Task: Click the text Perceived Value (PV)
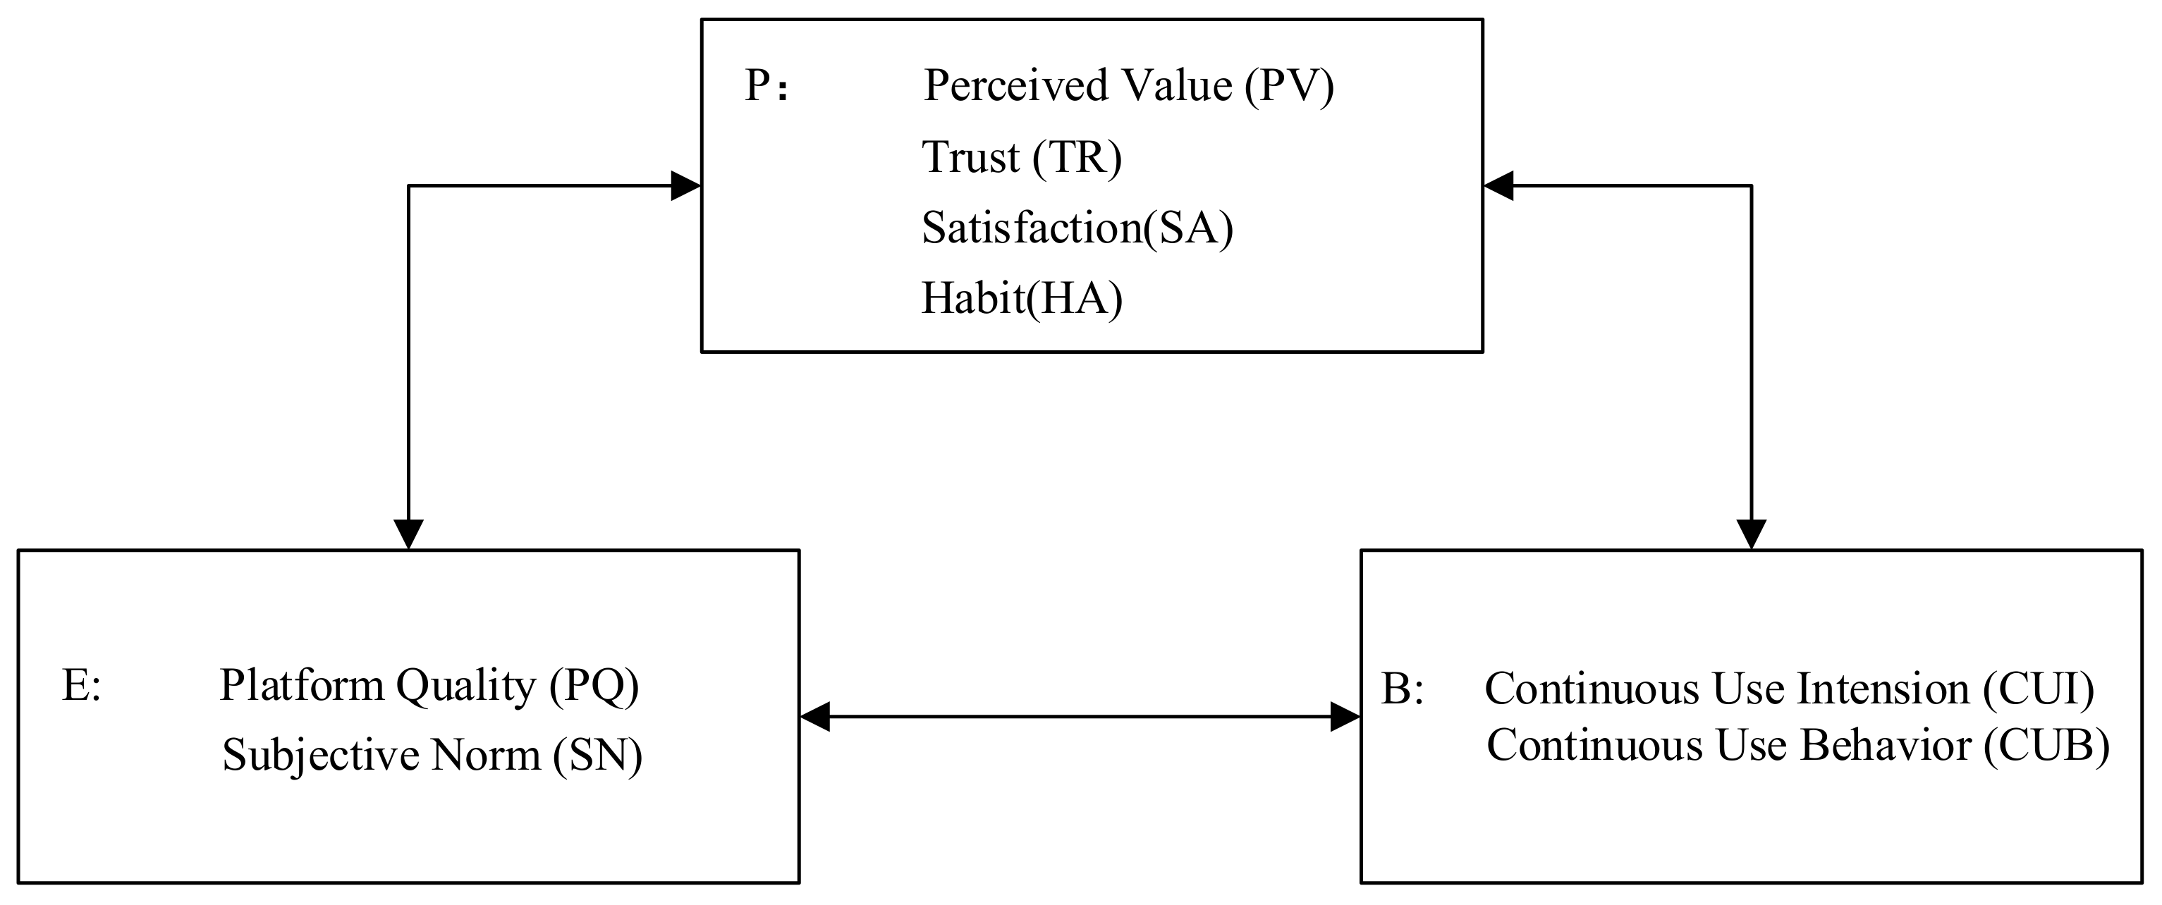[1128, 85]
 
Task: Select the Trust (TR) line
[1021, 157]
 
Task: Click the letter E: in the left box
[81, 685]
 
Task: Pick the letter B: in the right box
[1403, 689]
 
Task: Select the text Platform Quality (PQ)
[429, 686]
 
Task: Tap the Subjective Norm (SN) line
[432, 755]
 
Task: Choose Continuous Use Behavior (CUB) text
[1797, 746]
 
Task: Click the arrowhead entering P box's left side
[687, 185]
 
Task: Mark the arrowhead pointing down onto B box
[1751, 534]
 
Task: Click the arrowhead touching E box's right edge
[815, 717]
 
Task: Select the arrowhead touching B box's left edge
[1345, 717]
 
